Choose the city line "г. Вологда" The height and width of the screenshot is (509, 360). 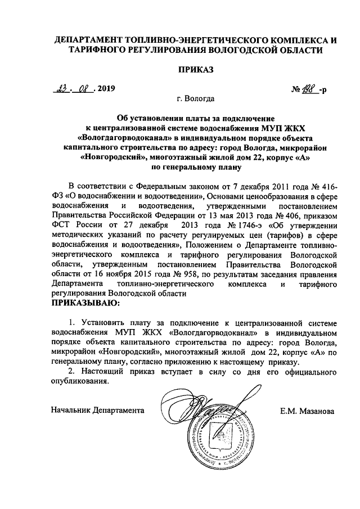tap(195, 100)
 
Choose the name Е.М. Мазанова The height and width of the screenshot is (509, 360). tap(307, 411)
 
